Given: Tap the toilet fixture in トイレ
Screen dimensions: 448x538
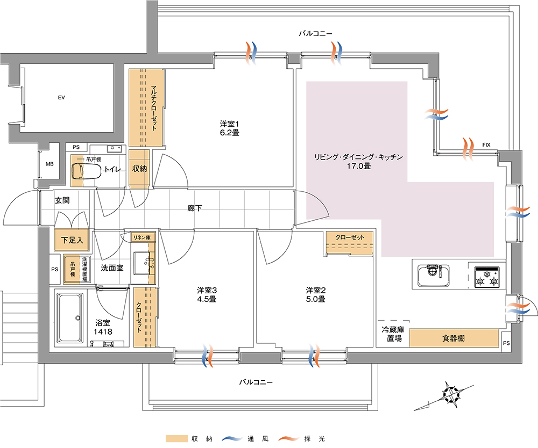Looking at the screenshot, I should point(86,170).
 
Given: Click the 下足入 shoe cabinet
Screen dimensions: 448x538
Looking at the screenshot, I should point(72,240).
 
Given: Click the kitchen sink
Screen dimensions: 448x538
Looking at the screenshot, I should point(434,276).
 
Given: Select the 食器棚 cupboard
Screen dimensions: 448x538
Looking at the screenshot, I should point(454,338).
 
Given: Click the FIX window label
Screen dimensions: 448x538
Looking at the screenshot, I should point(486,145).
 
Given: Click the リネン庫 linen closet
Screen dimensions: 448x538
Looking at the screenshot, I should point(145,237).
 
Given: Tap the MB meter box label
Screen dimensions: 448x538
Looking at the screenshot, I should point(49,164).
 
